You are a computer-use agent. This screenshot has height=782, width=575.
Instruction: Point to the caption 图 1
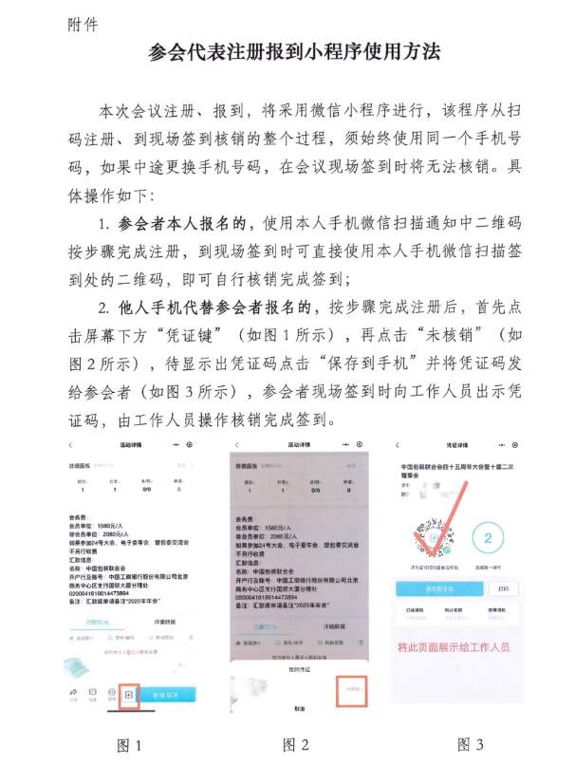click(x=129, y=746)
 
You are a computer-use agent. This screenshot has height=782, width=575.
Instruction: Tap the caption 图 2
click(x=294, y=746)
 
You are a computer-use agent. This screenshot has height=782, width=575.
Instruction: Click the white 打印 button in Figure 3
click(x=503, y=587)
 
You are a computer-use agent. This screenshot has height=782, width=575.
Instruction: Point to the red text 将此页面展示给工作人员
click(x=454, y=647)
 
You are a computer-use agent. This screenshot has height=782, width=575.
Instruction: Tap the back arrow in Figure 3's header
click(x=399, y=445)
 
